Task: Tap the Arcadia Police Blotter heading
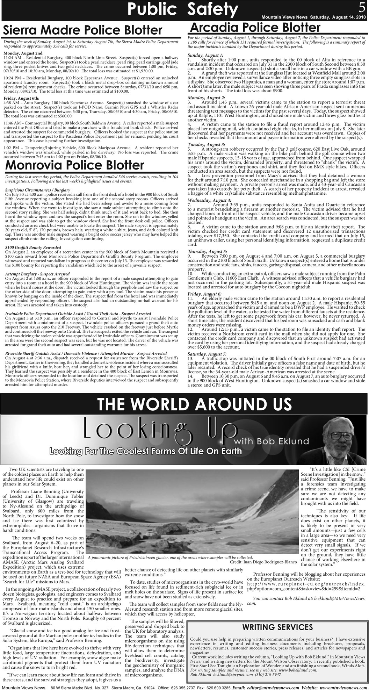click(254, 27)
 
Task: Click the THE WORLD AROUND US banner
click(194, 404)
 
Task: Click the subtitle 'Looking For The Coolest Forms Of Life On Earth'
click(145, 451)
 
